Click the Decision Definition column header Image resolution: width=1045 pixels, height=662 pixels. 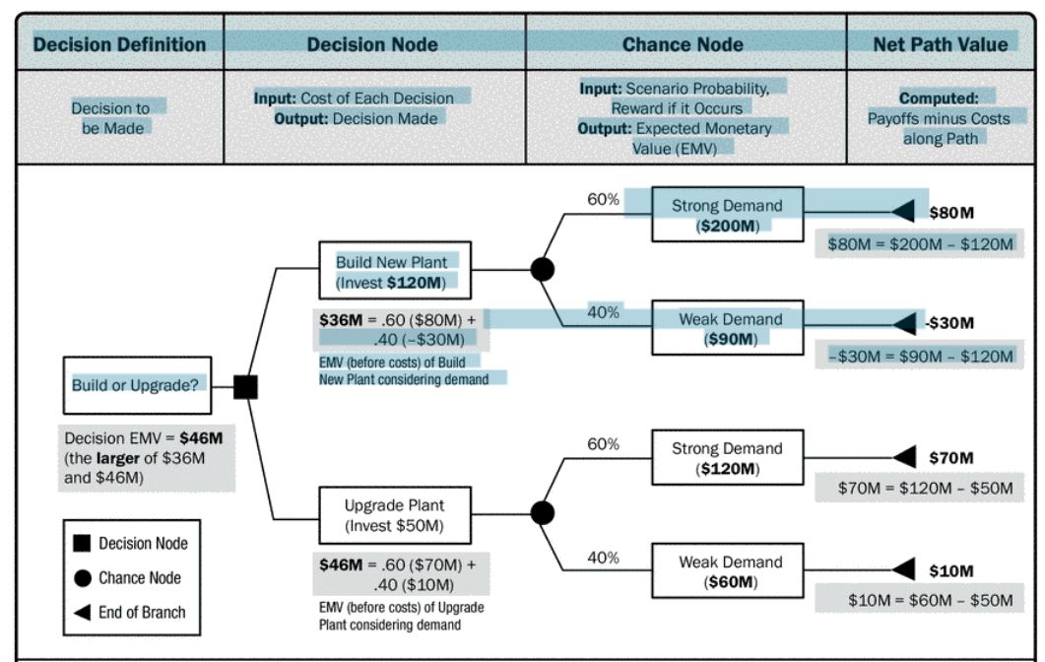(119, 44)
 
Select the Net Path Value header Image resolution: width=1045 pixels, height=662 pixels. (941, 44)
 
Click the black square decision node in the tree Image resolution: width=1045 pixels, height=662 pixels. (246, 387)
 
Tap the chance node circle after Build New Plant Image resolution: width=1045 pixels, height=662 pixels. (542, 268)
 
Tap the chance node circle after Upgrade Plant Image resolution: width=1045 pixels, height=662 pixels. (542, 512)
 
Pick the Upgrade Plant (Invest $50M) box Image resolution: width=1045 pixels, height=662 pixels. (394, 515)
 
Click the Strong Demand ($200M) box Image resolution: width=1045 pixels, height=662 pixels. (727, 215)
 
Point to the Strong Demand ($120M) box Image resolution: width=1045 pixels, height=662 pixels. (727, 458)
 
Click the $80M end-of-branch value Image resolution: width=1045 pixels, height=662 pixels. (951, 212)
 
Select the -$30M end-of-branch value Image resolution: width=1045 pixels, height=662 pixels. (949, 323)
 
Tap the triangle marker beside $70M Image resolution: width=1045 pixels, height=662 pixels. (904, 457)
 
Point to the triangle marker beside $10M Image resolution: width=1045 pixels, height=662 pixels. (904, 570)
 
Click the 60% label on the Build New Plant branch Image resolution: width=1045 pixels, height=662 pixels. (603, 200)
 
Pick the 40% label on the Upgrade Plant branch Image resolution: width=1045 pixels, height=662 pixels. (603, 558)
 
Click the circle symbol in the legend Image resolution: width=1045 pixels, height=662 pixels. (84, 578)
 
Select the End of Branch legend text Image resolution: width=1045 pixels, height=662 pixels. (142, 612)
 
